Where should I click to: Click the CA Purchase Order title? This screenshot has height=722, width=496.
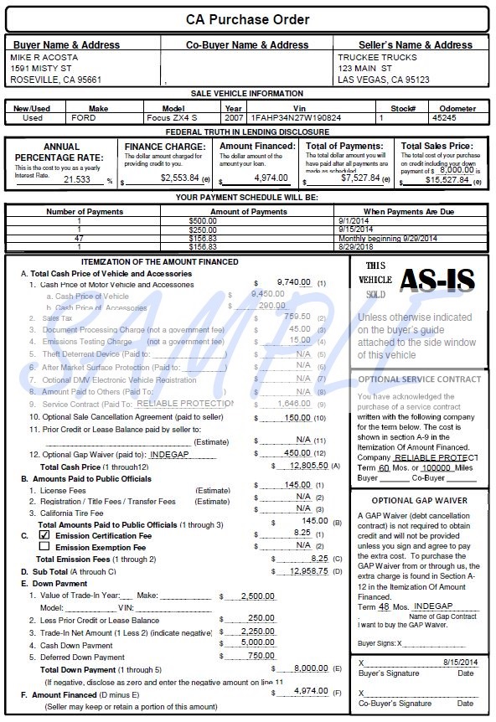[248, 19]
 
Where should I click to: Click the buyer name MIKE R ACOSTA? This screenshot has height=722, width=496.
[44, 57]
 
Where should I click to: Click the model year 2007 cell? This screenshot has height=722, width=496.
[233, 118]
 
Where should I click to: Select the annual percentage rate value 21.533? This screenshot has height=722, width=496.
[77, 179]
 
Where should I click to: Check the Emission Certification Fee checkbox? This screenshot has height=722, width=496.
[44, 534]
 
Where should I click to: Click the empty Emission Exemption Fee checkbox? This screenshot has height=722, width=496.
[44, 546]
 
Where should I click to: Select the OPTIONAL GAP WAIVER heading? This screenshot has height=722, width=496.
[419, 500]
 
